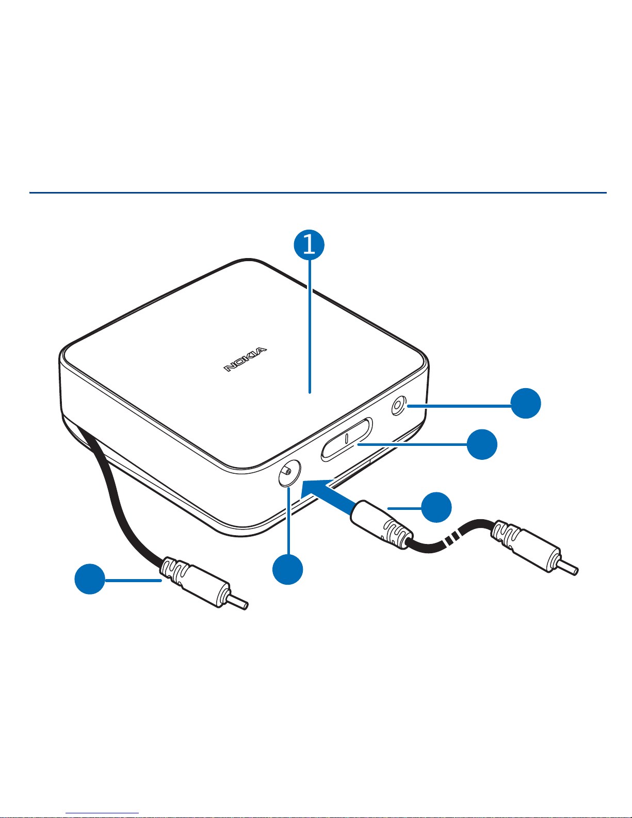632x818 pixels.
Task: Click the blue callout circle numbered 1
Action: tap(309, 245)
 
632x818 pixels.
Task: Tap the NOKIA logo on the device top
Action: tap(245, 359)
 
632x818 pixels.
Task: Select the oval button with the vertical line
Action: tap(347, 439)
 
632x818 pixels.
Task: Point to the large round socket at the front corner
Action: tap(289, 473)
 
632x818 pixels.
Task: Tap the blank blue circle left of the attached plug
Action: tap(90, 579)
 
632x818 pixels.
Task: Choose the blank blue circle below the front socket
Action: tap(288, 569)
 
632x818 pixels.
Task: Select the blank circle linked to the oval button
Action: tap(482, 444)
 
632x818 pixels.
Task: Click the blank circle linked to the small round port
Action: tap(526, 403)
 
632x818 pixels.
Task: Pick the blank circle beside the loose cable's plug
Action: tap(436, 507)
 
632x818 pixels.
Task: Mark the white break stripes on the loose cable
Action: tap(451, 538)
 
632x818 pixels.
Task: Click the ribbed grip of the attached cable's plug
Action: tap(174, 572)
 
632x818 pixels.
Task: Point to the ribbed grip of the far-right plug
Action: tap(505, 536)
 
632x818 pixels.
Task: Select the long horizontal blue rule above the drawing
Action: tap(318, 193)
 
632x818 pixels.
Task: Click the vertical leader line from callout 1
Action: tap(310, 326)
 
